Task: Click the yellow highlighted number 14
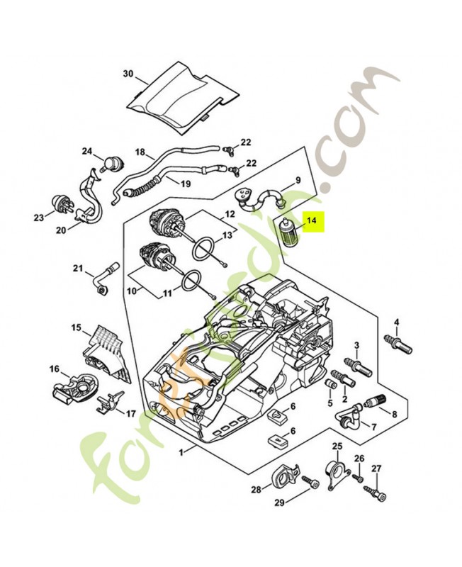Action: (312, 223)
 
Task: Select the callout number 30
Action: (128, 74)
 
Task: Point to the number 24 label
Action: (87, 151)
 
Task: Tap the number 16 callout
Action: (54, 369)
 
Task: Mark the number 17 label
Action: (131, 413)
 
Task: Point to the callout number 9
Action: (298, 180)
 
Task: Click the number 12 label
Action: (230, 213)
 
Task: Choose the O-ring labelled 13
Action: (204, 248)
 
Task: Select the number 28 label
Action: (256, 489)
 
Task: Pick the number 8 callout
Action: (394, 414)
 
